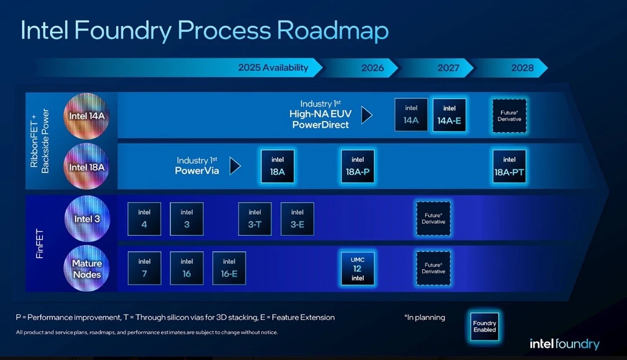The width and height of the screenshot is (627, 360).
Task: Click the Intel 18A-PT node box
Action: (x=509, y=167)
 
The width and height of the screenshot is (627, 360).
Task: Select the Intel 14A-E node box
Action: (x=449, y=115)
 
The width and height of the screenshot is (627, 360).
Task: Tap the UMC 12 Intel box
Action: (x=358, y=269)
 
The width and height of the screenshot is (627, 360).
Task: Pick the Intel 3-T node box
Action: (x=255, y=219)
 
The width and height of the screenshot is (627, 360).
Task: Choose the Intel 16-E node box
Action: (x=229, y=268)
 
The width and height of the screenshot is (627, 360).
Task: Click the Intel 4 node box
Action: (x=145, y=219)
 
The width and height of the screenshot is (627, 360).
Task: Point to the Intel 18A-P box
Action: (x=358, y=167)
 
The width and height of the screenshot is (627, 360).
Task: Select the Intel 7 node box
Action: (x=145, y=268)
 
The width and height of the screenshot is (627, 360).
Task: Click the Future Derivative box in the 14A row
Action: (x=510, y=116)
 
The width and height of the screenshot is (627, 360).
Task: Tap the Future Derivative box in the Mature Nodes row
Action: (x=434, y=268)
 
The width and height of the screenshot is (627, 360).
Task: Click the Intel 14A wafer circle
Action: (x=87, y=116)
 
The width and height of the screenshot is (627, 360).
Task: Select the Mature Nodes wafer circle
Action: (x=87, y=268)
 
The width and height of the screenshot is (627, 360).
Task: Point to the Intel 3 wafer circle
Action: (x=87, y=219)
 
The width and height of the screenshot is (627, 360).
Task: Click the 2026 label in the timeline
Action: (x=373, y=68)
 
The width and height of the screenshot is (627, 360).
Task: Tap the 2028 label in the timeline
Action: (x=522, y=68)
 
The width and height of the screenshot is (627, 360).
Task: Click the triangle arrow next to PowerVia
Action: (x=235, y=166)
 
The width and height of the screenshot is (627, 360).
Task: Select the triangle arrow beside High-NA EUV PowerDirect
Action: (x=367, y=115)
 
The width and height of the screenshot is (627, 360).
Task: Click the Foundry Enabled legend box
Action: (x=485, y=326)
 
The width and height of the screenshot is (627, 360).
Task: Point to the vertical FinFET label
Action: (x=39, y=244)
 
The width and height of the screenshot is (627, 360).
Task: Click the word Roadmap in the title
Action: (x=333, y=31)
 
